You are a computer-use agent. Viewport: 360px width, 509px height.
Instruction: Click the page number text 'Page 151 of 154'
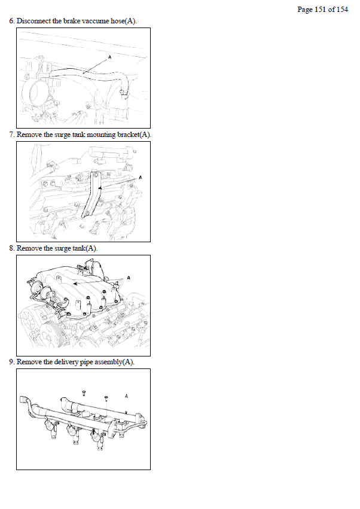(x=322, y=10)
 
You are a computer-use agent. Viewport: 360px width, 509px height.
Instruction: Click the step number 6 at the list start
(x=11, y=21)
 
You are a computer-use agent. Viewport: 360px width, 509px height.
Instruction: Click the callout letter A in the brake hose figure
(x=109, y=57)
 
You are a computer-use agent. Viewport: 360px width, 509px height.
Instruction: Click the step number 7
(x=11, y=135)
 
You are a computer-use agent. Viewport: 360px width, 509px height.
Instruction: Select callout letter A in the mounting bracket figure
(x=141, y=178)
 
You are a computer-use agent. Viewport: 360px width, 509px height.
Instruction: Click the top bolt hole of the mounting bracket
(x=95, y=175)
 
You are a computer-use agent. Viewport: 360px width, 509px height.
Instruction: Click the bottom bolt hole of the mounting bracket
(x=87, y=214)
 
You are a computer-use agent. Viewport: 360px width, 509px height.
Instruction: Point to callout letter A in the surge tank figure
(x=129, y=278)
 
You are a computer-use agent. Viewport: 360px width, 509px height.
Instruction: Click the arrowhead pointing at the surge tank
(x=75, y=284)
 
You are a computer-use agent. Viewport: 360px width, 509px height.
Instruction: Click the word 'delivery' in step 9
(x=66, y=362)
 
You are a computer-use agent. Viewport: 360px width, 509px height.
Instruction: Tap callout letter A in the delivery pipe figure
(x=126, y=396)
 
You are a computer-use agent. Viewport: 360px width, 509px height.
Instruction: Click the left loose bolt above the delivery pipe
(x=84, y=393)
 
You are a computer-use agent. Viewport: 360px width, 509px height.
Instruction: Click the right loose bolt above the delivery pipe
(x=106, y=398)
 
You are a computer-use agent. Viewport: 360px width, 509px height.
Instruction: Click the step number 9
(x=11, y=362)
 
